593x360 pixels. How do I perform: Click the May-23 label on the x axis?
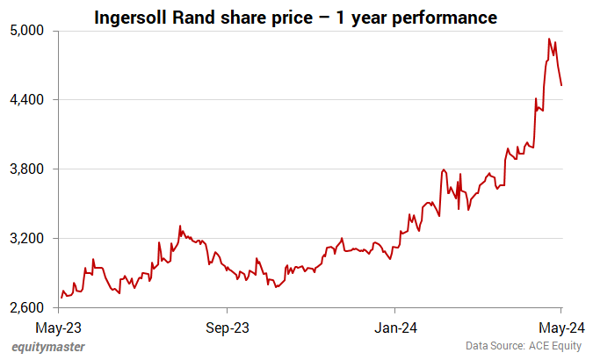tap(60, 328)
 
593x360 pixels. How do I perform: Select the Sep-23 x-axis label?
tap(227, 328)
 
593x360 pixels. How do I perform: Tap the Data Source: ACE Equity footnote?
tap(524, 347)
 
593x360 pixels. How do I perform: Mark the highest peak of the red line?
tap(549, 39)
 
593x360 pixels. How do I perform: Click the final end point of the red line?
tap(561, 85)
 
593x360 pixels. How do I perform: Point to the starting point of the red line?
tap(61, 299)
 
